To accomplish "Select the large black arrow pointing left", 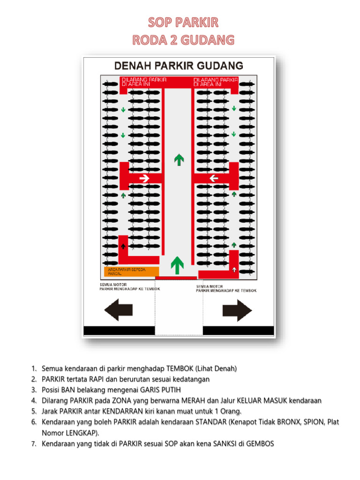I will tap(118, 310).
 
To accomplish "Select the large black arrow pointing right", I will tap(237, 310).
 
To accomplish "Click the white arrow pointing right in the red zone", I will tap(144, 178).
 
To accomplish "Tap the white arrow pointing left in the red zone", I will tap(214, 178).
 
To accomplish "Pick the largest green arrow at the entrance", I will tap(177, 265).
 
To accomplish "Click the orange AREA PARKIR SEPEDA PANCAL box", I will tap(131, 271).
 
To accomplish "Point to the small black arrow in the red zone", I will tap(123, 246).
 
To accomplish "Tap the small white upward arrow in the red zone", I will tap(234, 270).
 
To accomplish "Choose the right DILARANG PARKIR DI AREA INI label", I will tap(216, 82).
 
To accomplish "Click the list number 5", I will tap(34, 411).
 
